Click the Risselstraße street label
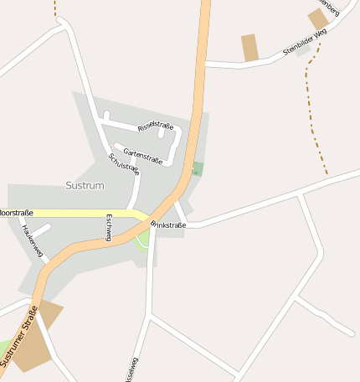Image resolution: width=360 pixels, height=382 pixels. (156, 126)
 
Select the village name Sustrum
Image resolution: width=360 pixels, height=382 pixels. (85, 183)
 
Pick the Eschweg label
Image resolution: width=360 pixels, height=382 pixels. (108, 228)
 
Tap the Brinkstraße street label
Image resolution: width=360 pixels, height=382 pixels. (168, 225)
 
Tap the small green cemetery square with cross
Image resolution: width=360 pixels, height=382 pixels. (198, 168)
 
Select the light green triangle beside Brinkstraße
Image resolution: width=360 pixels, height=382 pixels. (144, 238)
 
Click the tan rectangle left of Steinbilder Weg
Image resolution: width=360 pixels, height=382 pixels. (249, 48)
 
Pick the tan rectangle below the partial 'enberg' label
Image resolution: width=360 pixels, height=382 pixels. (318, 18)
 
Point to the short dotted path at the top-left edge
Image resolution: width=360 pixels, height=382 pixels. (55, 8)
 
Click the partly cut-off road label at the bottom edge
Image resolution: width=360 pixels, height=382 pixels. (131, 370)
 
